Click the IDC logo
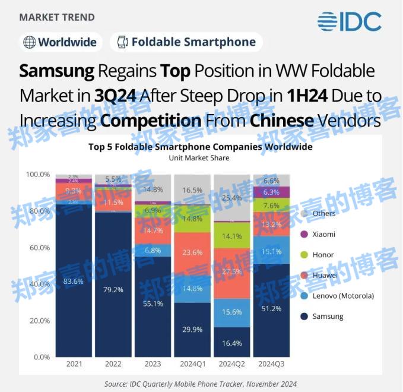(349, 22)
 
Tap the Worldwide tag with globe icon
(62, 42)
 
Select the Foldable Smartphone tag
(186, 42)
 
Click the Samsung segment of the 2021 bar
(75, 281)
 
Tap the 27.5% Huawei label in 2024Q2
(231, 271)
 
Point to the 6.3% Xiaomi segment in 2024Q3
(271, 192)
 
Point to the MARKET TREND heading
(57, 17)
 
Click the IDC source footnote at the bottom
(201, 384)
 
